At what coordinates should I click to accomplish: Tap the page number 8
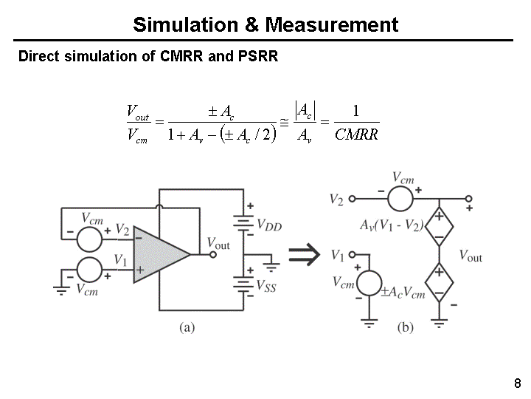517,383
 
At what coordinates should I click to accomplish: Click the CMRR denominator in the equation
356,134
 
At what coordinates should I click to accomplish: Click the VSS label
266,287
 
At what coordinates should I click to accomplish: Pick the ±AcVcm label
403,293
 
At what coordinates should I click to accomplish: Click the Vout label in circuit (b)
471,256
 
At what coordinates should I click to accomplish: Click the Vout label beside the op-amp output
218,243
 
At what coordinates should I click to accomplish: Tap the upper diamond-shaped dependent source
440,227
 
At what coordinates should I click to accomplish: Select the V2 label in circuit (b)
336,199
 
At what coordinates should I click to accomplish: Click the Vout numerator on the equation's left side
138,112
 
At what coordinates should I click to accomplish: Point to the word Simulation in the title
187,24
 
